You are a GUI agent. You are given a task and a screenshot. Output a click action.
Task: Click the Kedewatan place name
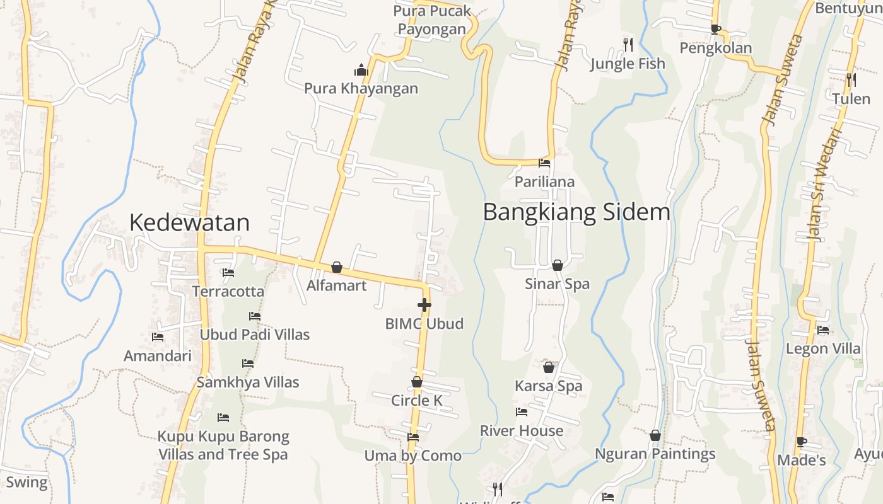(189, 222)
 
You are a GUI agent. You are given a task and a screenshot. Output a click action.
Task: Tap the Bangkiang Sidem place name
(576, 212)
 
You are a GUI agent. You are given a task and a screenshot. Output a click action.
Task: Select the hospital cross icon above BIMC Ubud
(424, 306)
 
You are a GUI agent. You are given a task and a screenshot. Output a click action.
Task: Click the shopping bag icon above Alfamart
(337, 268)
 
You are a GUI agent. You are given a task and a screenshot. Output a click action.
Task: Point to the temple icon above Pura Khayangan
(361, 69)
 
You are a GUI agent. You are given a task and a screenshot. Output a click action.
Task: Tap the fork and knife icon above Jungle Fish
(628, 45)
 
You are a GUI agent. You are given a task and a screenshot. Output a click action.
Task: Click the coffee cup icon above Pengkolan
(715, 29)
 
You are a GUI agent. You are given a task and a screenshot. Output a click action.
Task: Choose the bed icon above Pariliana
(544, 163)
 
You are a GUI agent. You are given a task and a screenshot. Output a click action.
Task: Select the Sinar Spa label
(557, 284)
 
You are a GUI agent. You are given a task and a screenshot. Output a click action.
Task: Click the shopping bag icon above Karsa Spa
(549, 367)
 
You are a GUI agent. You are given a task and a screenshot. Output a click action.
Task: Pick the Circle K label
(416, 401)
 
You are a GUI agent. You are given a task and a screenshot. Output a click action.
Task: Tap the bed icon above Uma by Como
(413, 437)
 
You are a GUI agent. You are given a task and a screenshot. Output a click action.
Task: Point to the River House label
(522, 431)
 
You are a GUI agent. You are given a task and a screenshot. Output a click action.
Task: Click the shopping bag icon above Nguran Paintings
(655, 435)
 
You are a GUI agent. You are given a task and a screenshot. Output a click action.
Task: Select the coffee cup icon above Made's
(801, 442)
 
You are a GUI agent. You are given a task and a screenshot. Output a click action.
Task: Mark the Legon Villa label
(822, 348)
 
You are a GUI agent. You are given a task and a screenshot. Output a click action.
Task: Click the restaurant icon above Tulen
(851, 80)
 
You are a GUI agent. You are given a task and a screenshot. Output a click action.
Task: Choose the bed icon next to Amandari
(158, 337)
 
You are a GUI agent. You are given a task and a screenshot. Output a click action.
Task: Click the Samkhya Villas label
(247, 382)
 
